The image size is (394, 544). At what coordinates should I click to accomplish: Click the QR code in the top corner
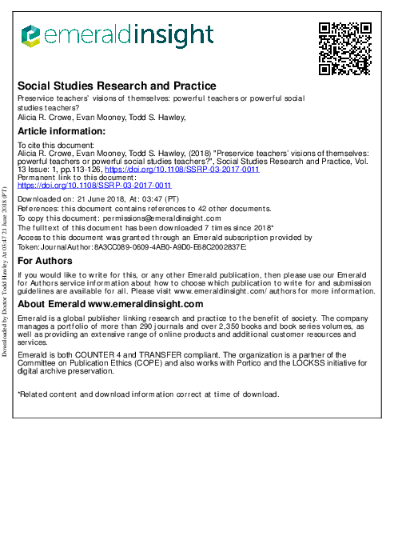[x=345, y=47]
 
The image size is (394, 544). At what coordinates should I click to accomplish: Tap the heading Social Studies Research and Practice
[x=117, y=86]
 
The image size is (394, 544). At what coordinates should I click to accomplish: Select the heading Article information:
[x=62, y=131]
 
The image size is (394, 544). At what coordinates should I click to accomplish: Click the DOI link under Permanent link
[x=94, y=185]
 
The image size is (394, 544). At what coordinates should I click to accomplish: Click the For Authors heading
[x=46, y=261]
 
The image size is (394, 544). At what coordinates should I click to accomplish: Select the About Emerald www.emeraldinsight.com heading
[x=110, y=304]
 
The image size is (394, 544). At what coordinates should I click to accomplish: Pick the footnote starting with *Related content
[x=149, y=394]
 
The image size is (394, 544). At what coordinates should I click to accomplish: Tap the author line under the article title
[x=101, y=116]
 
